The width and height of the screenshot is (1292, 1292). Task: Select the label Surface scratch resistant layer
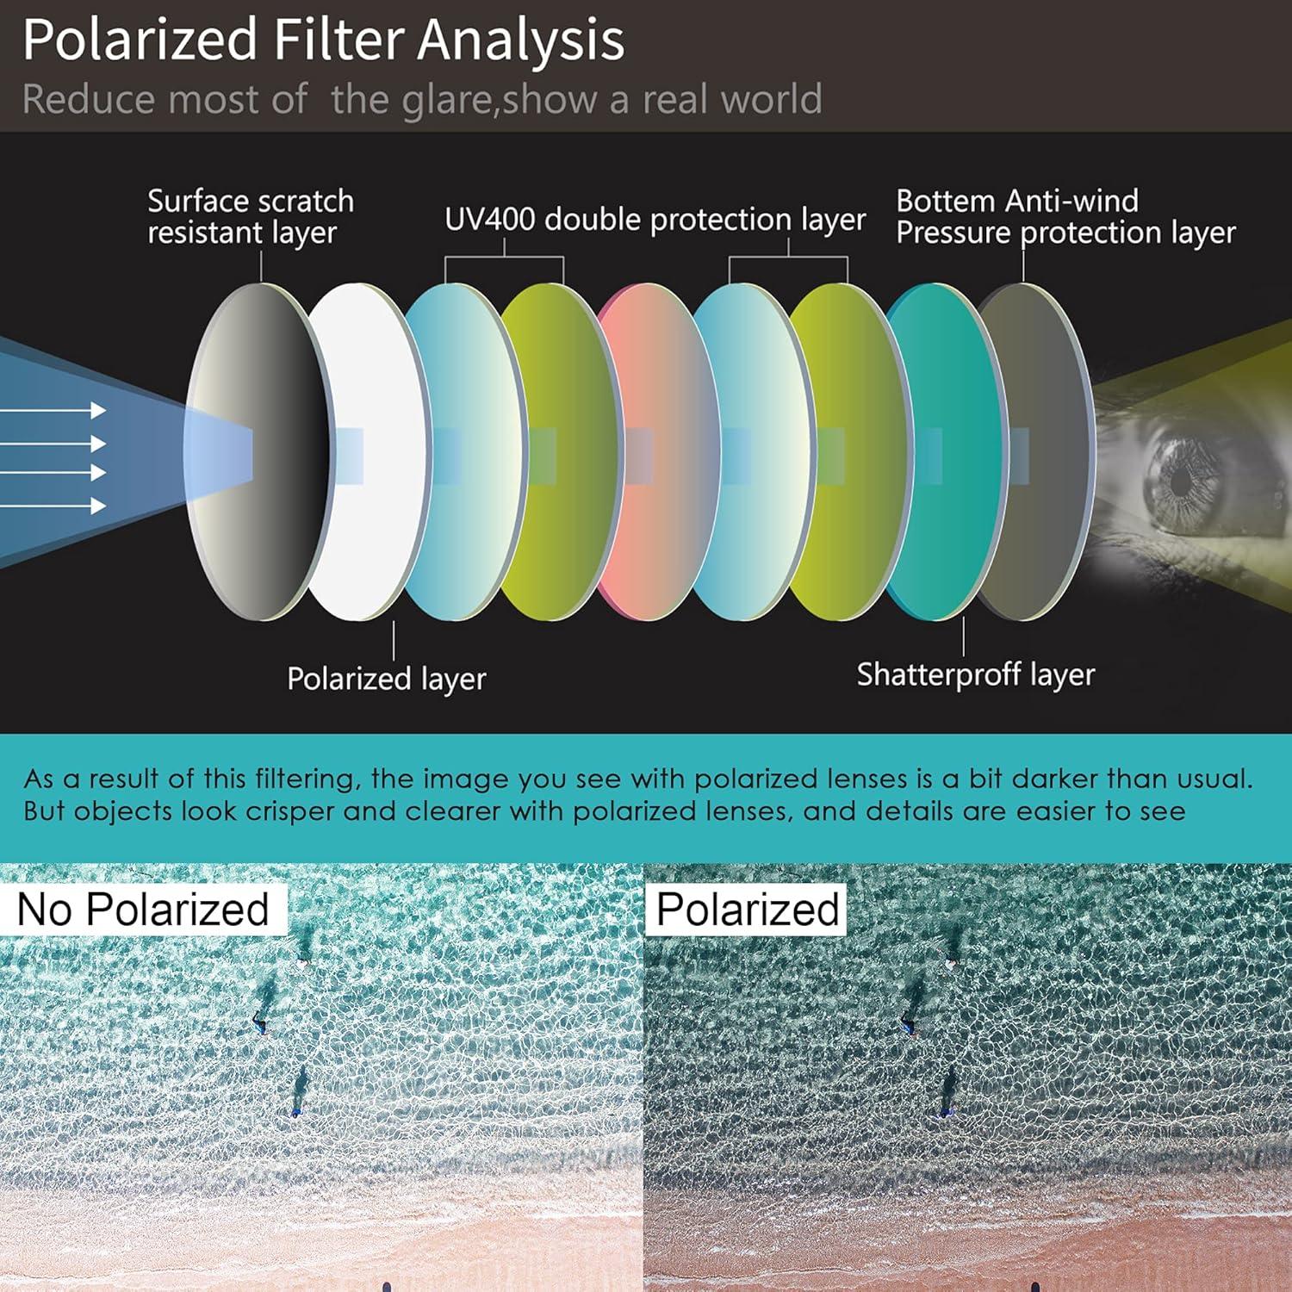[x=251, y=217]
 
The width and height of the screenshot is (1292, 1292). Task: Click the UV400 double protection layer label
[x=655, y=220]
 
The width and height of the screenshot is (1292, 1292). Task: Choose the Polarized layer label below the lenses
[x=386, y=679]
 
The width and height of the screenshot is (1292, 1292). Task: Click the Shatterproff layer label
[x=975, y=674]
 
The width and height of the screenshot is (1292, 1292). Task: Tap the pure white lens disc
[x=366, y=452]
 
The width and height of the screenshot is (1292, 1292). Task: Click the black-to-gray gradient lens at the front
[x=258, y=452]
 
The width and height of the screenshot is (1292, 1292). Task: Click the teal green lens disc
[x=943, y=452]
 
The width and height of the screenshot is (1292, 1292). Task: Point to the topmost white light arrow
[x=53, y=411]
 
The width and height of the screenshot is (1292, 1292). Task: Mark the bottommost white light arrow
[x=53, y=506]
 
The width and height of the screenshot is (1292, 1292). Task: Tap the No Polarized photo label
[x=143, y=910]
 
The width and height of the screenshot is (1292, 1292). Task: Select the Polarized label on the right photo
[x=748, y=910]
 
